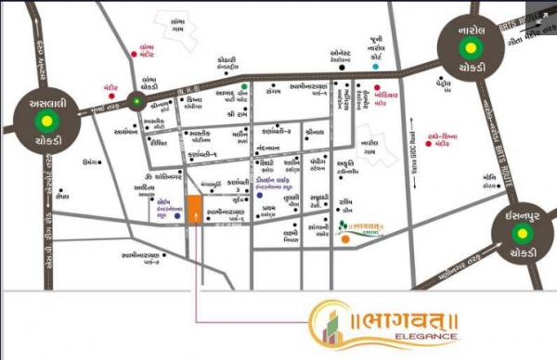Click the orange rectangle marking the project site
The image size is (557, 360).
tap(194, 209)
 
